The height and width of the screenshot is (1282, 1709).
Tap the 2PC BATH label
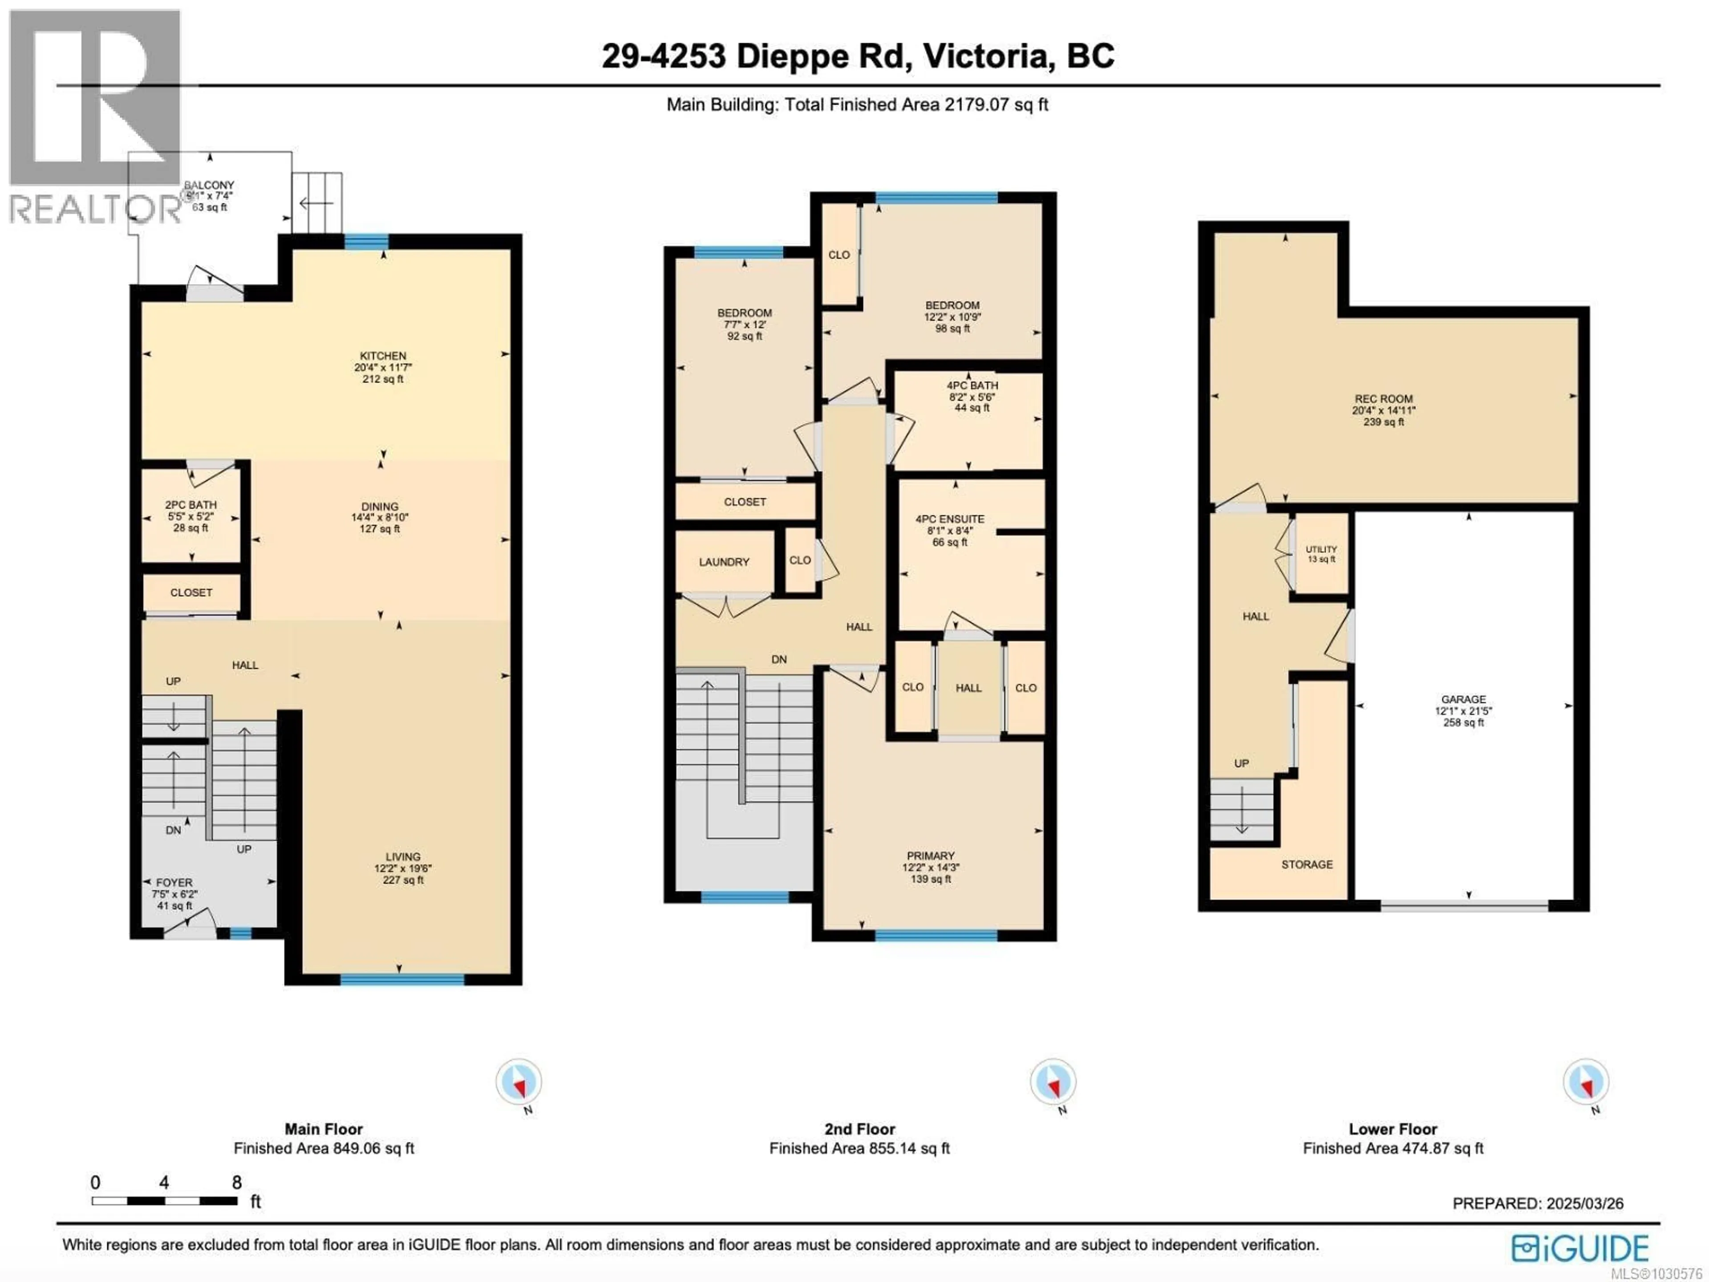(x=191, y=505)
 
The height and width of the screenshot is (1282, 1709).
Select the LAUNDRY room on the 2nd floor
(x=724, y=562)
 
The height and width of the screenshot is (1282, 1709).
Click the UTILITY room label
(x=1321, y=549)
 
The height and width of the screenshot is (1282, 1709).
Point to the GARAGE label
(x=1463, y=699)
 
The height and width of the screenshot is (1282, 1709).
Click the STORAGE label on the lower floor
(x=1307, y=865)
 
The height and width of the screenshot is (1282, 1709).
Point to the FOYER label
(x=174, y=882)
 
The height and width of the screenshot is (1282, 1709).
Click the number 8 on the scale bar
(x=236, y=1182)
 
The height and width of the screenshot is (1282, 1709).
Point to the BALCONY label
(x=209, y=186)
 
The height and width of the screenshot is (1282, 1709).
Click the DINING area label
(x=379, y=507)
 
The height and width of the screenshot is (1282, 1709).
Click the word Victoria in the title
(x=987, y=56)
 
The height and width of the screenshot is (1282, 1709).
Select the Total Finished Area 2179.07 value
(x=976, y=104)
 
